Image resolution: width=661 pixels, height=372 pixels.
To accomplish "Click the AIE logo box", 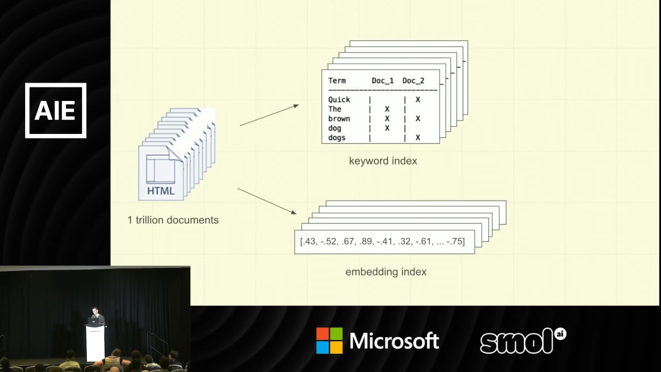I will [x=56, y=110].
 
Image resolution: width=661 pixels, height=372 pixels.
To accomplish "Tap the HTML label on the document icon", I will [x=160, y=191].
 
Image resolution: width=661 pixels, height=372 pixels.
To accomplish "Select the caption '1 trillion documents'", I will [x=173, y=220].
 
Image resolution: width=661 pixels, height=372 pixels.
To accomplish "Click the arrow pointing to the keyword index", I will [x=269, y=115].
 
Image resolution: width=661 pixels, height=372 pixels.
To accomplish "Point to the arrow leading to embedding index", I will [x=267, y=201].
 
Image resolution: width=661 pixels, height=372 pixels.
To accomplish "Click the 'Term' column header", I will [x=337, y=81].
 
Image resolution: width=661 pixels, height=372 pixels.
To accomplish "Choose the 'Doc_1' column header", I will [x=383, y=81].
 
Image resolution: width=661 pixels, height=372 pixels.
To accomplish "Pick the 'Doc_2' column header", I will [x=413, y=81].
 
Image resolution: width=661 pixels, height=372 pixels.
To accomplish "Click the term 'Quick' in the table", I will [x=339, y=100].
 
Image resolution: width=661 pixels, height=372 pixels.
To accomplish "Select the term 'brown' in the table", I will [x=339, y=119].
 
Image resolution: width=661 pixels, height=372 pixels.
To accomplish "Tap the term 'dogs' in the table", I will [x=337, y=138].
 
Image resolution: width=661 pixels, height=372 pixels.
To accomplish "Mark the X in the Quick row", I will [x=418, y=100].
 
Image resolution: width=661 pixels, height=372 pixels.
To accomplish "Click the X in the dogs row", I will [x=418, y=138].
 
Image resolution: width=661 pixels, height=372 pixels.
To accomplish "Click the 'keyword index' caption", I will [x=383, y=161].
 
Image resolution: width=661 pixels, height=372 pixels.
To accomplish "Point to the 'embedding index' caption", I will [x=386, y=272].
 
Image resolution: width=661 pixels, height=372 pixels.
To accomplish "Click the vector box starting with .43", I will [x=383, y=242].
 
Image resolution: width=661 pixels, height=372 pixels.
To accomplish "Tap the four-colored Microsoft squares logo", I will [x=329, y=341].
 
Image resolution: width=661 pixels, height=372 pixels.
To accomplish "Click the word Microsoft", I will [x=394, y=341].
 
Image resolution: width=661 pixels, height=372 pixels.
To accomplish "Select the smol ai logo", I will [x=522, y=341].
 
